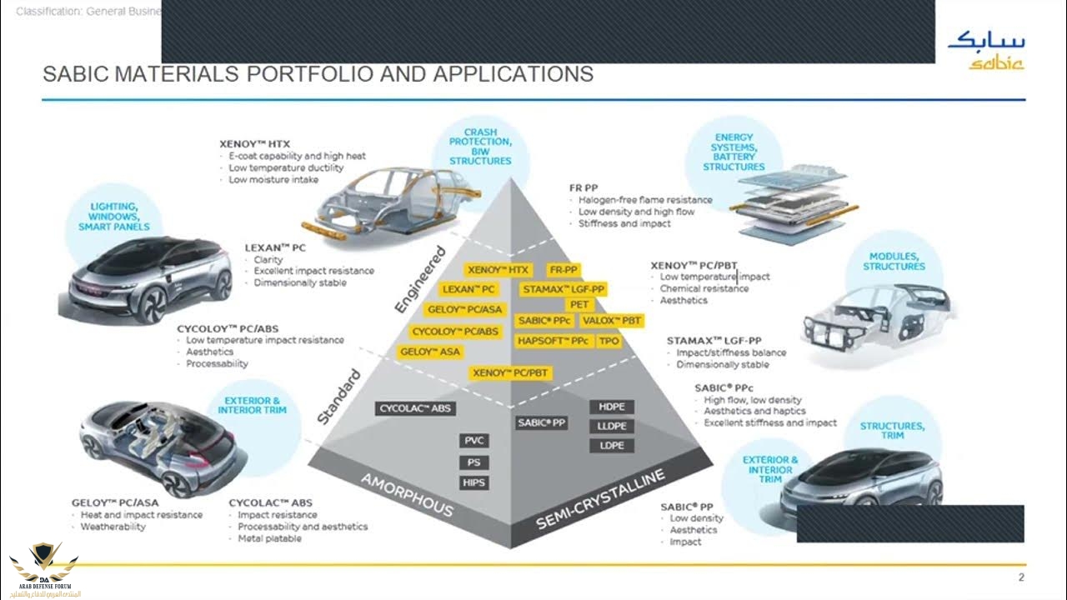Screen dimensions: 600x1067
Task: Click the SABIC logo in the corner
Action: [x=986, y=50]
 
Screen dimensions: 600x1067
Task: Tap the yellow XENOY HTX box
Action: [x=498, y=270]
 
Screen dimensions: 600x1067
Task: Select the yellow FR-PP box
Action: [x=564, y=270]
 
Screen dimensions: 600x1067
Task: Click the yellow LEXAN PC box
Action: [x=468, y=290]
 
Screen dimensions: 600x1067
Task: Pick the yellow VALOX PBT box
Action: [x=612, y=321]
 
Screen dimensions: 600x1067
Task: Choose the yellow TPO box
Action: [x=609, y=341]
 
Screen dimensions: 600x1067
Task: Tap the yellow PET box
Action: [x=579, y=305]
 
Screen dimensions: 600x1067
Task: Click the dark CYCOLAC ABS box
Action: [x=415, y=408]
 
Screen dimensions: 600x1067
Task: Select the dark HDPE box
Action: [x=612, y=407]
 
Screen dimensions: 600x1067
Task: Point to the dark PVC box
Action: [x=473, y=441]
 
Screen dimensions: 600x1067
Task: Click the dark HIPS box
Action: [x=473, y=482]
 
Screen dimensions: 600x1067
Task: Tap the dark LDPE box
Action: [x=612, y=446]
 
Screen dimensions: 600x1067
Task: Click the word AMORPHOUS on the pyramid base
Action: [x=407, y=494]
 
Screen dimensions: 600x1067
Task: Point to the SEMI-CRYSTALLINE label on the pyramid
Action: [x=600, y=498]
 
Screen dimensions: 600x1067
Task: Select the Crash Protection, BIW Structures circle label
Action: [x=480, y=147]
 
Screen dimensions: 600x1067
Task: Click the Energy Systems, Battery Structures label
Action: [x=734, y=152]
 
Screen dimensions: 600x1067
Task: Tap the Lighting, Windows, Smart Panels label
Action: [x=114, y=216]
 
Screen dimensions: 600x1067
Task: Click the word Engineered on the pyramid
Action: [x=420, y=280]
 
